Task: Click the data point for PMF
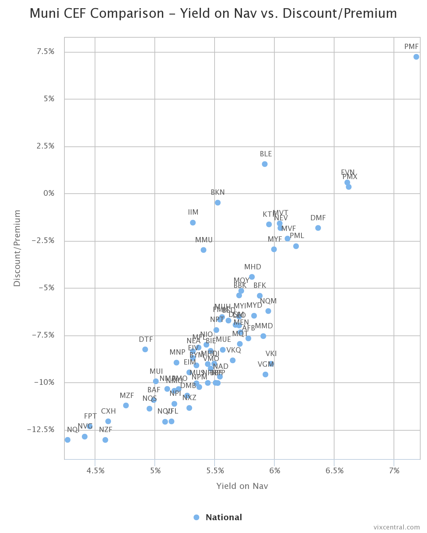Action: click(416, 57)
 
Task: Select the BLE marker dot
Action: click(265, 164)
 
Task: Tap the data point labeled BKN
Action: click(218, 203)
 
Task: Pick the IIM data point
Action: click(193, 223)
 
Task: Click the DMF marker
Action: click(318, 228)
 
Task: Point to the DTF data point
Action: click(145, 350)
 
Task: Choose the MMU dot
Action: click(204, 250)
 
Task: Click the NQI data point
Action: click(68, 440)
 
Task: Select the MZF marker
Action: click(126, 405)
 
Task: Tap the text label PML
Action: click(297, 236)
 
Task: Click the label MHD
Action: click(253, 267)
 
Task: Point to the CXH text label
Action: click(109, 411)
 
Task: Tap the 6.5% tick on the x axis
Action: click(334, 471)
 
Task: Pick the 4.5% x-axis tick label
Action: click(96, 471)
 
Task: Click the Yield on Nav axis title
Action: click(242, 486)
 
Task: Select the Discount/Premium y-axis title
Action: click(17, 248)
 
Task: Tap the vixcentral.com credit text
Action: click(396, 527)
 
